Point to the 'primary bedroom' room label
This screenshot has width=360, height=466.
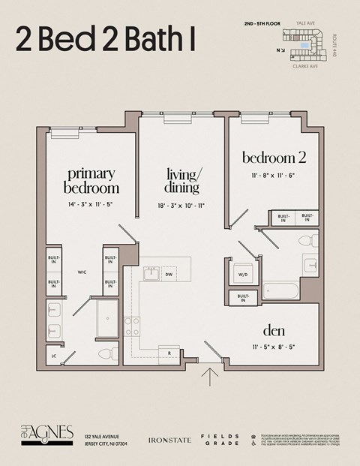pos(91,181)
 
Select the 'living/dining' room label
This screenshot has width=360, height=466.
pos(183,181)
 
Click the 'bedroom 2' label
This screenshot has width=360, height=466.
pos(274,158)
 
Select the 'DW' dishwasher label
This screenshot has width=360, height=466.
pos(170,275)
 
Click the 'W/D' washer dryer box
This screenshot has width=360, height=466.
pos(242,275)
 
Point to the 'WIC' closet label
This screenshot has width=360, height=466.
pos(82,273)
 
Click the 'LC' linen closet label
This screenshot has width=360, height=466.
pos(53,356)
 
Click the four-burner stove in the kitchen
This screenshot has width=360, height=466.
pos(132,325)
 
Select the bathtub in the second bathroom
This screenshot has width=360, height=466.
pos(280,290)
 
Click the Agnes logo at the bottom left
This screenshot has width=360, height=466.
pos(46,434)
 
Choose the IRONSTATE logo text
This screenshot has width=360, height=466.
pos(167,439)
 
